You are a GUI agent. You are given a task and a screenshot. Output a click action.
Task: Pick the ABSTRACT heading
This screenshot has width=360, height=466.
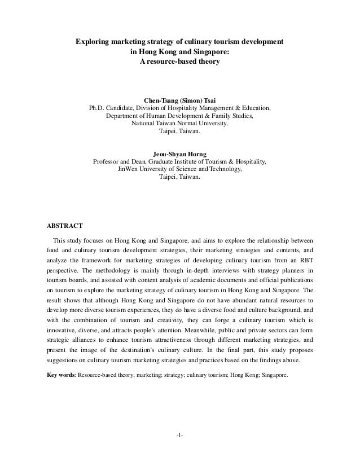tap(65, 226)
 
